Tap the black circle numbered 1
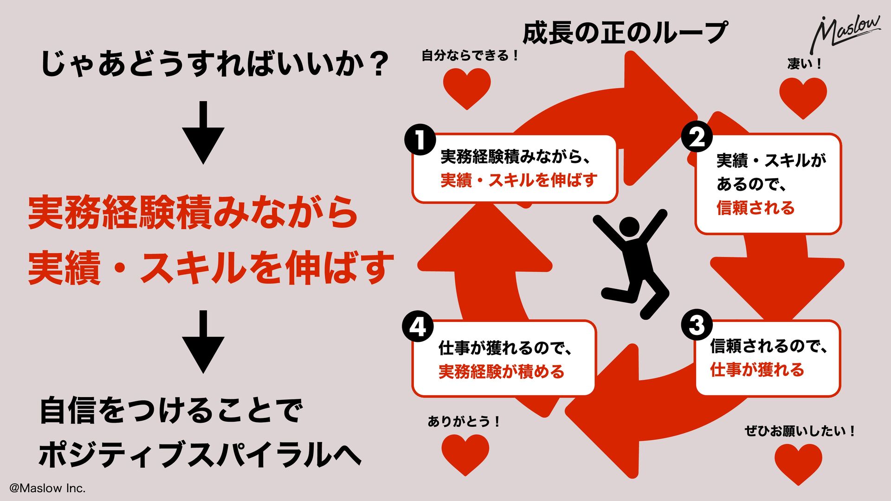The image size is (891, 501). (x=420, y=140)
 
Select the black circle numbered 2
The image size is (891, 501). (x=697, y=137)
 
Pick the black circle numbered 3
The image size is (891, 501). (x=697, y=325)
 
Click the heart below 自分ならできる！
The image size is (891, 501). (x=467, y=87)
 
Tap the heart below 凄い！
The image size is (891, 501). (x=803, y=96)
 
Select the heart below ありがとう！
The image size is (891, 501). (x=465, y=453)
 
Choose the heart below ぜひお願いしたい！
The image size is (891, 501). (x=798, y=462)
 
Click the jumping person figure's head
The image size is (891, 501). (x=630, y=228)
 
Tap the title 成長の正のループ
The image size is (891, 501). (x=625, y=33)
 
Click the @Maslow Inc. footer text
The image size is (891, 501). (x=47, y=488)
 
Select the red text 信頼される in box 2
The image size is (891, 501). (x=755, y=208)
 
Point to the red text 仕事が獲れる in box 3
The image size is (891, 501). (x=757, y=370)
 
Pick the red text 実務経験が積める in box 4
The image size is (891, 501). (x=501, y=372)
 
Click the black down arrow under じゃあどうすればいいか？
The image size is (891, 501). (x=203, y=132)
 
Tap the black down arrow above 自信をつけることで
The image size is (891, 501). (x=203, y=342)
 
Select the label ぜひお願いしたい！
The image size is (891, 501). (x=800, y=431)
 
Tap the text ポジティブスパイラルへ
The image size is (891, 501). (x=200, y=455)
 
